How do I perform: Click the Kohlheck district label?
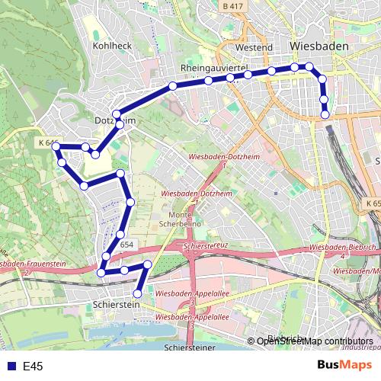coord(111,46)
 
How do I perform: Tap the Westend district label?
coord(254,47)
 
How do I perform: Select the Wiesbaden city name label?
coord(320,46)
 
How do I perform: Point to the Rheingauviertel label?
coord(216,68)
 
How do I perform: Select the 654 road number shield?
coord(126,244)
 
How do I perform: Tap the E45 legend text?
coord(33,367)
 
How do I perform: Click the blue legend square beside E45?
coord(10,367)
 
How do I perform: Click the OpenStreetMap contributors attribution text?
coord(315,341)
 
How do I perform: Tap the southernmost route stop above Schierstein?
coord(138,293)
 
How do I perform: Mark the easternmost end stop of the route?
coord(326,114)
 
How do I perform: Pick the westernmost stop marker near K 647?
coord(56,147)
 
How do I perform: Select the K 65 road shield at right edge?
coord(373,204)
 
